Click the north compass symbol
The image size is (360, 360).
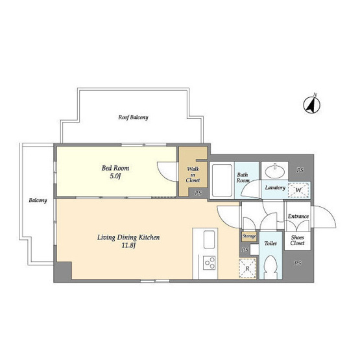coord(311,104)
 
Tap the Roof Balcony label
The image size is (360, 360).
coord(133,117)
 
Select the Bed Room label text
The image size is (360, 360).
coord(115,168)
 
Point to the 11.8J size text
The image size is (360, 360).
coord(128,245)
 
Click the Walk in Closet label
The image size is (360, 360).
coord(193,174)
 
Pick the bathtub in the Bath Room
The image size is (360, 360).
coord(222,180)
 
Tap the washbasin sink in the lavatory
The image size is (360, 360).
coord(275,171)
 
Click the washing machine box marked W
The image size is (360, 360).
coord(298,190)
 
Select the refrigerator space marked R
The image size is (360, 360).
coord(247,268)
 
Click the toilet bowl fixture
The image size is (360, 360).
coord(271,267)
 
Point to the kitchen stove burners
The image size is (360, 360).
coord(210,263)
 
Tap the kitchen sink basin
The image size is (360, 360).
coord(209,239)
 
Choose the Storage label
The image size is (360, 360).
coord(249,236)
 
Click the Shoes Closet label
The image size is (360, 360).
coord(297,240)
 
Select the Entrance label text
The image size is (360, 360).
coord(298,216)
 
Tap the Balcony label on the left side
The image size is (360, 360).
coord(38,200)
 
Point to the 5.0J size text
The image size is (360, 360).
coord(115,176)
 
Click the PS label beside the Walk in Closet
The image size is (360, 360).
coord(198,193)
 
